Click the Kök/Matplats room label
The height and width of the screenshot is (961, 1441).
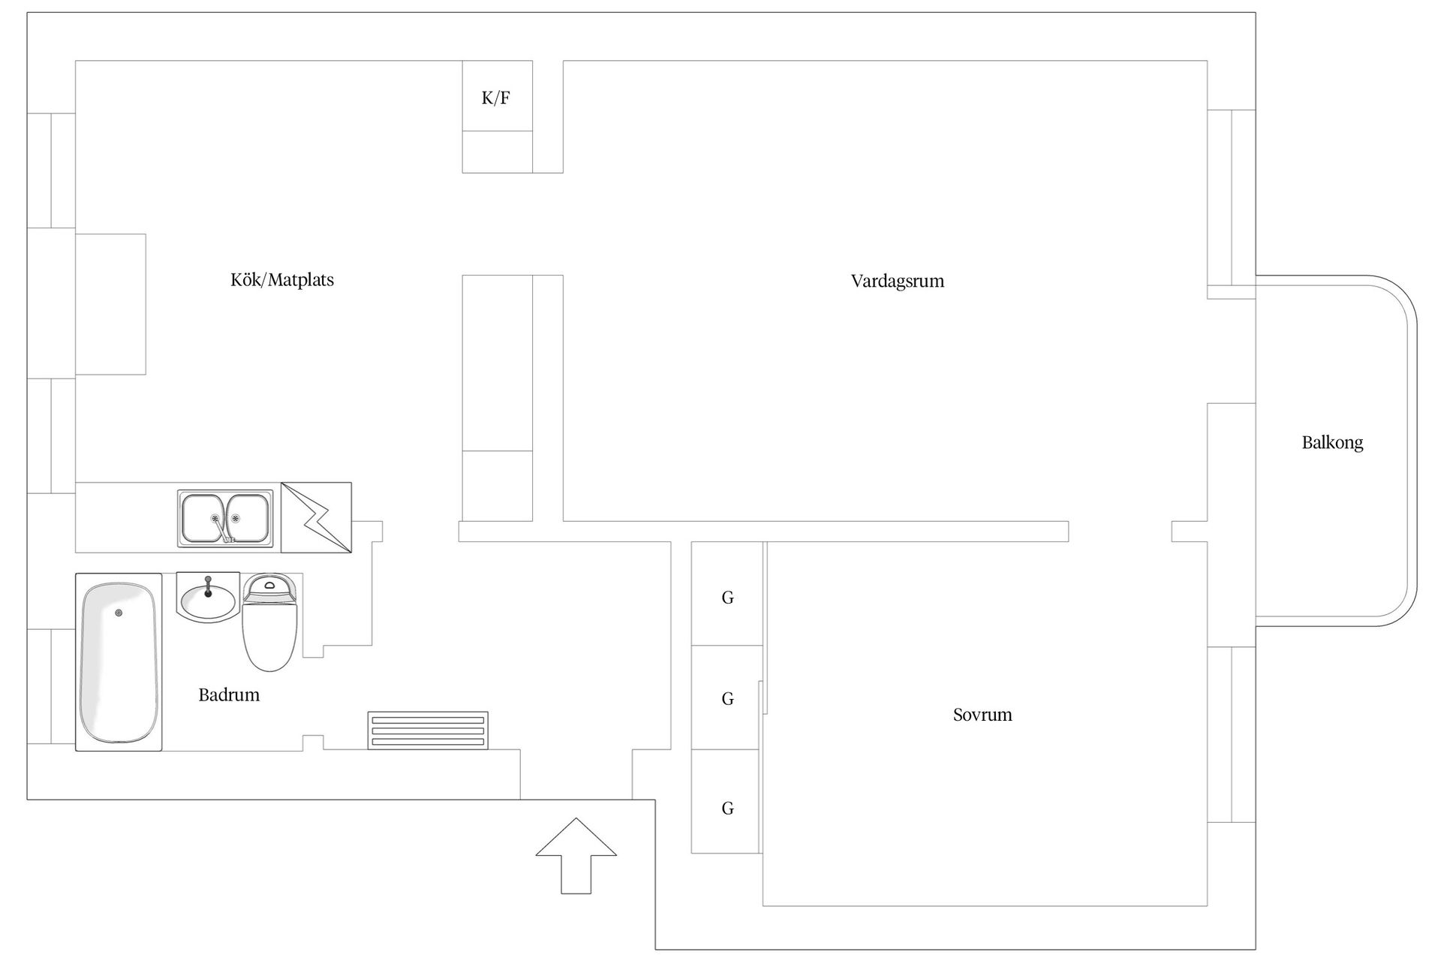pyautogui.click(x=282, y=280)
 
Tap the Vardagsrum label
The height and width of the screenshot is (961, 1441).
pyautogui.click(x=898, y=282)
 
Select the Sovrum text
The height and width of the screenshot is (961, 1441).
pyautogui.click(x=982, y=715)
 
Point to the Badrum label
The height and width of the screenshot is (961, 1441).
pyautogui.click(x=229, y=695)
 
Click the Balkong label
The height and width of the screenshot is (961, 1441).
pyautogui.click(x=1332, y=443)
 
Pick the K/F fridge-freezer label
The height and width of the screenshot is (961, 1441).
pyautogui.click(x=496, y=98)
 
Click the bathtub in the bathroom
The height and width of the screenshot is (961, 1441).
pyautogui.click(x=119, y=662)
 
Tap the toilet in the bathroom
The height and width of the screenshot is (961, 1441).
pyautogui.click(x=270, y=622)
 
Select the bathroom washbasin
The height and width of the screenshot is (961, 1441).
pyautogui.click(x=208, y=598)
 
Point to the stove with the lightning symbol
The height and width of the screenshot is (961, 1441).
pyautogui.click(x=316, y=518)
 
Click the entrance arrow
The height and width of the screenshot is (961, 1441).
pyautogui.click(x=576, y=856)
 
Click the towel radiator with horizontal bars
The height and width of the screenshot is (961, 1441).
pyautogui.click(x=428, y=731)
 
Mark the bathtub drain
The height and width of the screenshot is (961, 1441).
pyautogui.click(x=119, y=613)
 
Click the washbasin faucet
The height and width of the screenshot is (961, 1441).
pyautogui.click(x=208, y=586)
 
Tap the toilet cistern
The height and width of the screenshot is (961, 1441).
pyautogui.click(x=270, y=588)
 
